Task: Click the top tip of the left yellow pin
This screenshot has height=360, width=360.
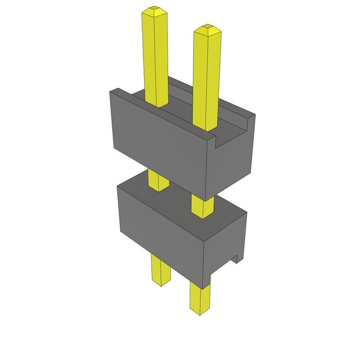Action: point(155,10)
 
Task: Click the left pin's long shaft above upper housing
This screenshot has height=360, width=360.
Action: point(156,56)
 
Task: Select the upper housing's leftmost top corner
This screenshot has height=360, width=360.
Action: point(109,93)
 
